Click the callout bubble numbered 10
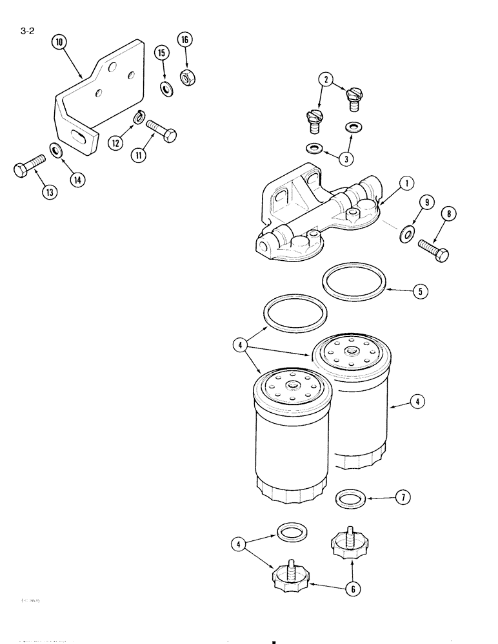click(59, 44)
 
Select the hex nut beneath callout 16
click(189, 79)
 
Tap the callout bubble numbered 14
click(77, 180)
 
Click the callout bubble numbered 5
click(421, 291)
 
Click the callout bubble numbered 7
click(403, 497)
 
